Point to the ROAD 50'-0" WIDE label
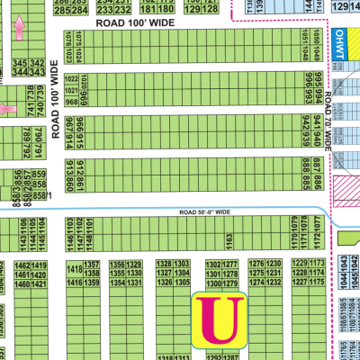pos(204,211)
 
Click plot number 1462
pos(22,266)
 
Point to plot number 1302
pos(213,264)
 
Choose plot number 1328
pos(163,264)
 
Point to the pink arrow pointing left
pos(8,109)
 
